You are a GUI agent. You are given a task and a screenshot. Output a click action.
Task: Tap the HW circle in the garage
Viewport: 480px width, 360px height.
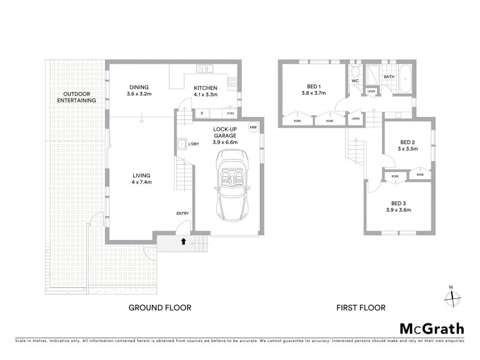[253, 127]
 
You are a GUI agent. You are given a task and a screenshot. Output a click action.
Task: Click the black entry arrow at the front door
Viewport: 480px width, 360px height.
[183, 242]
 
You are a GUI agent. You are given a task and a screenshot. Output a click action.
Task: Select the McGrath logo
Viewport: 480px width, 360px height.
[431, 328]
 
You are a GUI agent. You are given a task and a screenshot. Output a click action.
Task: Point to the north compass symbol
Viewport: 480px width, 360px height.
[454, 295]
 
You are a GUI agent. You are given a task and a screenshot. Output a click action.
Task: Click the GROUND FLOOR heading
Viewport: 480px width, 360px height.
[160, 308]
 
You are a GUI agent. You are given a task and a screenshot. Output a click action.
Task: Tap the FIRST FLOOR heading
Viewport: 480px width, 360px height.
[360, 308]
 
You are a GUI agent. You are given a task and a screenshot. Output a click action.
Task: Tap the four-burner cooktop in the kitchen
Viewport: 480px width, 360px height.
[233, 83]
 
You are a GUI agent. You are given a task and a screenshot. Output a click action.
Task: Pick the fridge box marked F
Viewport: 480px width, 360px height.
[202, 113]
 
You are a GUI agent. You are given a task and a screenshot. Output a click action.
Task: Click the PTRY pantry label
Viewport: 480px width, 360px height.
[230, 113]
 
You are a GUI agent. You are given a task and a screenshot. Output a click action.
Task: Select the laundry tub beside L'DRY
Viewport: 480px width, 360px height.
[181, 145]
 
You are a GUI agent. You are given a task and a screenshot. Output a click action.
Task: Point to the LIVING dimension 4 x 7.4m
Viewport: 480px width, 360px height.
[141, 182]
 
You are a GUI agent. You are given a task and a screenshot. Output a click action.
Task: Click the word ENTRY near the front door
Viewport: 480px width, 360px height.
[182, 214]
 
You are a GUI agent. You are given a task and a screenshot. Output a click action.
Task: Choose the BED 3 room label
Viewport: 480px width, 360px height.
[399, 203]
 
